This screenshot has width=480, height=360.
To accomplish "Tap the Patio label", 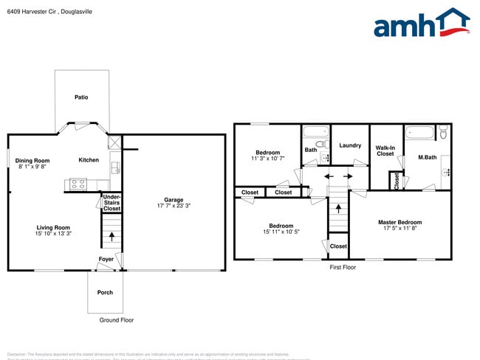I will click(82, 97).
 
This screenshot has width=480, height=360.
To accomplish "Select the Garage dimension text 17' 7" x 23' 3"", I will click(174, 206).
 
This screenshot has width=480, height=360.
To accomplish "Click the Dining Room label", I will click(33, 160).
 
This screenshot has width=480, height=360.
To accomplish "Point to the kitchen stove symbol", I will click(78, 183).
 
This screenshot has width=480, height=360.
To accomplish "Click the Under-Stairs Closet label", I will click(112, 203).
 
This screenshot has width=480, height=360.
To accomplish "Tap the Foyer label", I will click(106, 259).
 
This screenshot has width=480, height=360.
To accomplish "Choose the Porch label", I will click(105, 292).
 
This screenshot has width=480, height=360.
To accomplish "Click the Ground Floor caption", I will click(117, 320).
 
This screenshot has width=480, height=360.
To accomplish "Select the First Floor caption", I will click(343, 267).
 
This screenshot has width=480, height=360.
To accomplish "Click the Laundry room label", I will click(350, 145).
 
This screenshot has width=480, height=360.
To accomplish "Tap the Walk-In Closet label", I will click(385, 150).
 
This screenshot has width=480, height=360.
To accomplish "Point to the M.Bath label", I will click(426, 157).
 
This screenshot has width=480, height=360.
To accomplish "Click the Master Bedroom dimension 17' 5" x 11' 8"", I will click(400, 229).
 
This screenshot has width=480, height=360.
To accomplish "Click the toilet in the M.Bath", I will click(443, 133).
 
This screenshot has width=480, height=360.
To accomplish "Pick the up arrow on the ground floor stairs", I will click(112, 237).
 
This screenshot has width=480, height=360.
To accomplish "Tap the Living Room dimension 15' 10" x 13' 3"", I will click(53, 235).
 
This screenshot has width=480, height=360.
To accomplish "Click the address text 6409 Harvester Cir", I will click(29, 10).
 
